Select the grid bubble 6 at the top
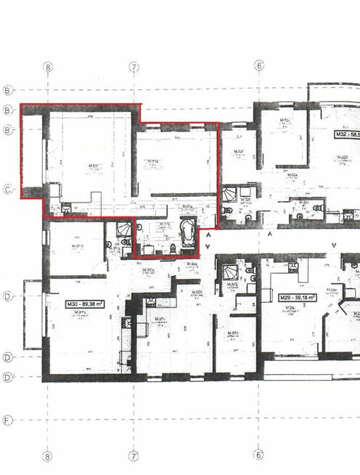click(259, 66)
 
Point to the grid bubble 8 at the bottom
click(48, 456)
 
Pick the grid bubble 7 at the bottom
click(134, 456)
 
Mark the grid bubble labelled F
click(8, 421)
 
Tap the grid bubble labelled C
click(8, 190)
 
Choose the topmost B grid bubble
click(8, 91)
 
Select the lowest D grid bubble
click(8, 378)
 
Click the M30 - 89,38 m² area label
click(84, 305)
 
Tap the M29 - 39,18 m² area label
click(300, 298)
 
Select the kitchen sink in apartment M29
click(295, 267)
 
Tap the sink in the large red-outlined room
click(65, 208)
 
